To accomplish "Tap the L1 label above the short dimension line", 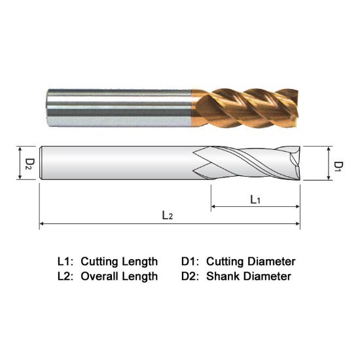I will (x=256, y=200).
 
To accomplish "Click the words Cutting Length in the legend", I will (x=119, y=261).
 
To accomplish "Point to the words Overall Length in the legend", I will (x=119, y=276).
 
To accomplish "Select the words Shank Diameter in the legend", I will (x=248, y=276).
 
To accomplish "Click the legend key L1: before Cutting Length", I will (x=67, y=261).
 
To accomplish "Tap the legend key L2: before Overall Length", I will (x=67, y=276).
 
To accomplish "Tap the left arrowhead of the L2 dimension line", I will (x=43, y=224).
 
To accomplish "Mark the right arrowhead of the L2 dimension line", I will (x=298, y=224).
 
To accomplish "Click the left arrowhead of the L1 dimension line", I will (x=213, y=207).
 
